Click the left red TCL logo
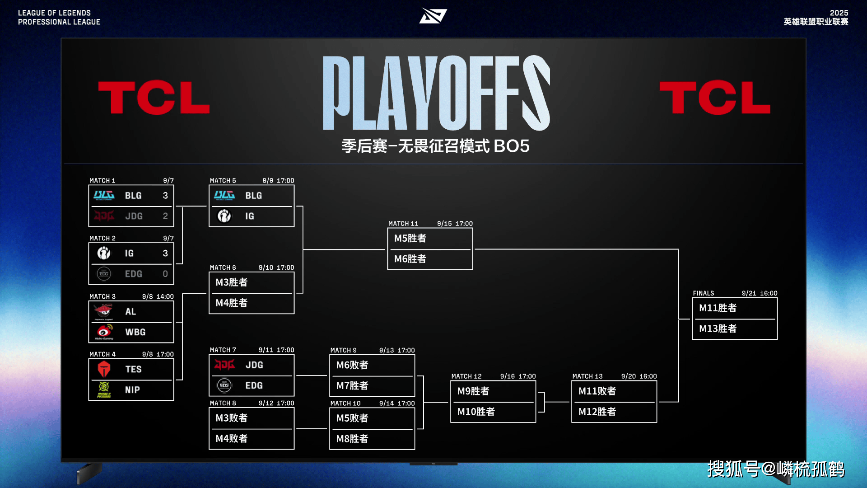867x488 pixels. (154, 97)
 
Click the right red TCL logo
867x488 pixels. (715, 97)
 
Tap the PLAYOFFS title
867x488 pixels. (436, 93)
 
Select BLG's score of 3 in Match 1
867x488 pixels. (165, 195)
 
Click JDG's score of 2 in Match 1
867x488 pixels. (165, 216)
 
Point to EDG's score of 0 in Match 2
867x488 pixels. (165, 274)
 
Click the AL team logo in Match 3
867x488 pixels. (103, 311)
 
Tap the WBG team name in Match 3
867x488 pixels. (135, 332)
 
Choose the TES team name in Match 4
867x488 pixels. (134, 369)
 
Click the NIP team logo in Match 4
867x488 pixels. (104, 389)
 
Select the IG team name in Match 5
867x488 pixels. (250, 216)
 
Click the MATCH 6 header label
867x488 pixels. (223, 267)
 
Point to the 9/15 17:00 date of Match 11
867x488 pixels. (455, 223)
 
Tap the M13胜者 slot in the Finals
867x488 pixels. (718, 328)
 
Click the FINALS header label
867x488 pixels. (704, 293)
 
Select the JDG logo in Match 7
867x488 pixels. (224, 365)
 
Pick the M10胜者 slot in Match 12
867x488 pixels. (476, 412)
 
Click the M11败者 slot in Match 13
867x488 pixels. (597, 391)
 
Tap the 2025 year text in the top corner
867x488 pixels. (839, 13)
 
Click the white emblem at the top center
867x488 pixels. (433, 16)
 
